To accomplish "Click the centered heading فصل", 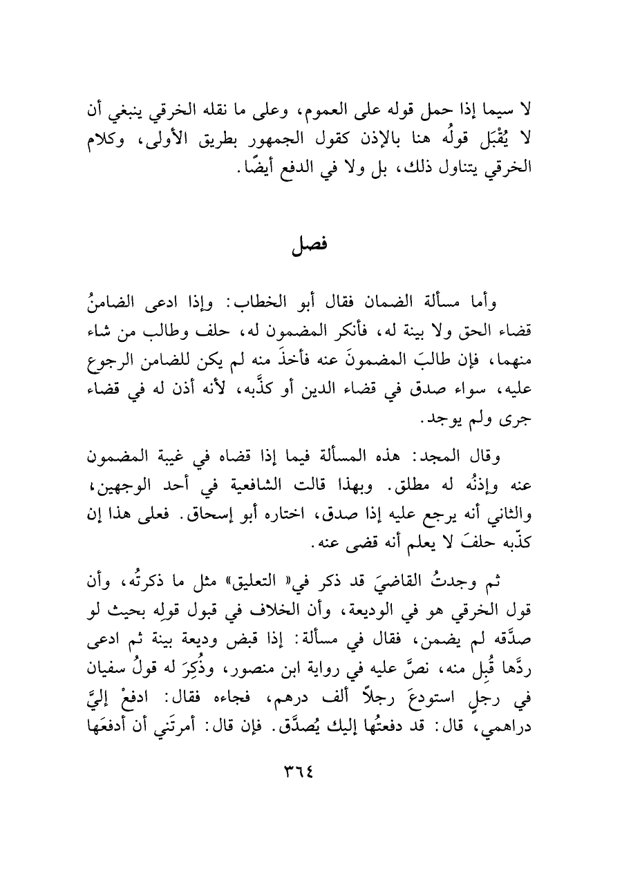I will pyautogui.click(x=310, y=245).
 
